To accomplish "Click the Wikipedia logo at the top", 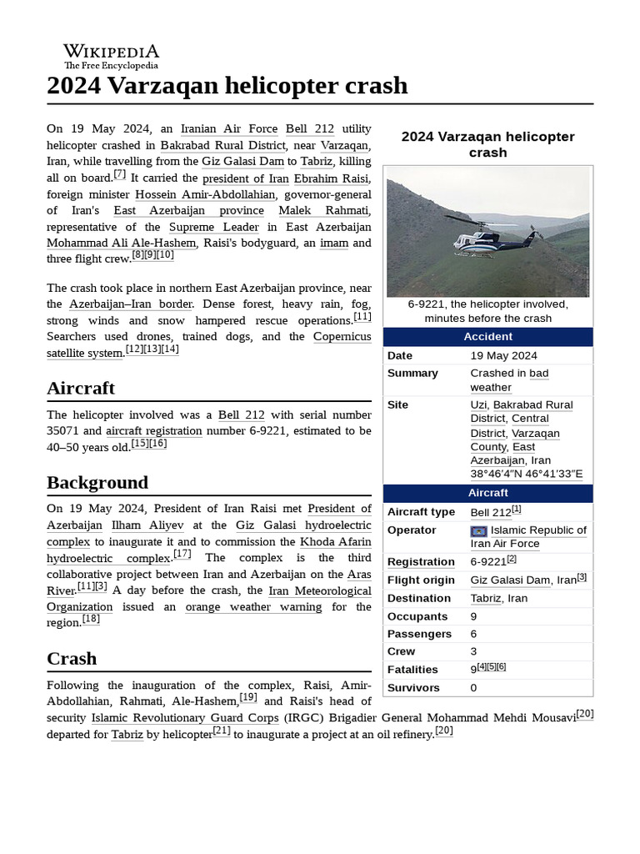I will pyautogui.click(x=111, y=56).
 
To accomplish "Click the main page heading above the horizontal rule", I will pyautogui.click(x=227, y=85).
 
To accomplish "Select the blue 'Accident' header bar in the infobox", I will pyautogui.click(x=488, y=337).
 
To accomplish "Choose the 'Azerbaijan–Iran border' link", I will pyautogui.click(x=131, y=304).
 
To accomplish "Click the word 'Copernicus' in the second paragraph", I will pyautogui.click(x=342, y=337).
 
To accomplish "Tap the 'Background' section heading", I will pyautogui.click(x=97, y=483).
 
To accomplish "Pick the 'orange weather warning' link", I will pyautogui.click(x=253, y=607).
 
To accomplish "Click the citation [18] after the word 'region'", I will pyautogui.click(x=91, y=620).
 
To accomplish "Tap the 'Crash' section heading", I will pyautogui.click(x=72, y=659).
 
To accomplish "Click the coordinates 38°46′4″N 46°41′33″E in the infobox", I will pyautogui.click(x=527, y=475).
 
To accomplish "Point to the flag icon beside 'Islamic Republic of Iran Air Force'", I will pyautogui.click(x=478, y=531).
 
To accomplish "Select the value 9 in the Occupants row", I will pyautogui.click(x=474, y=616).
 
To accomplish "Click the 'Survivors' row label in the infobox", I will pyautogui.click(x=413, y=688).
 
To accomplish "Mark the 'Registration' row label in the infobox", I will pyautogui.click(x=421, y=562).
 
